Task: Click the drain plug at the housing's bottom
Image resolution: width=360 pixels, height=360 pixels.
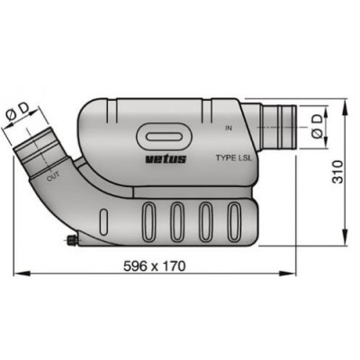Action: pos(69,240)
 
